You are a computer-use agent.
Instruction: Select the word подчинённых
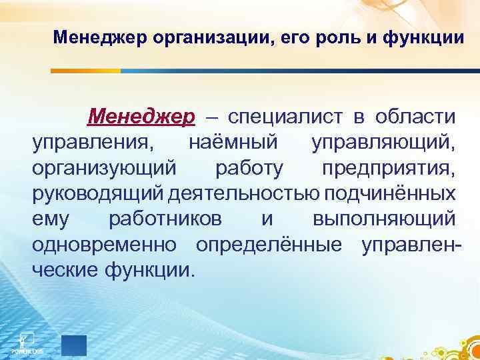(x=391, y=193)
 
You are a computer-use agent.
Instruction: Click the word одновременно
(x=105, y=244)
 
